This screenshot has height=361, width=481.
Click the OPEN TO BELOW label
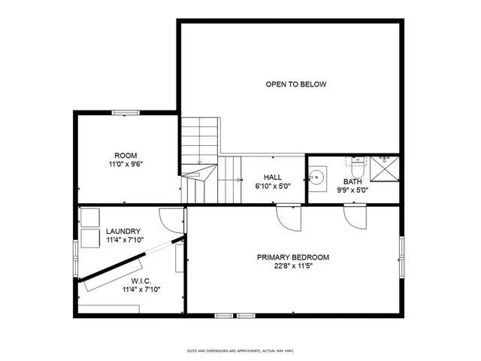coord(295,84)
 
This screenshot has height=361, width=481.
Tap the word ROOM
coord(126,156)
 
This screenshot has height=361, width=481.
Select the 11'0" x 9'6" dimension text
coord(126,164)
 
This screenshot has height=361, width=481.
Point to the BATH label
coord(352,182)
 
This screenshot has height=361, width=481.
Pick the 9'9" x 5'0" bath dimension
coord(352,190)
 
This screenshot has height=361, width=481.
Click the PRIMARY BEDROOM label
coord(292,257)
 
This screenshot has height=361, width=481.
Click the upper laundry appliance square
coord(90,217)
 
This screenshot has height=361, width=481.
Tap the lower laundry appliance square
coord(90,238)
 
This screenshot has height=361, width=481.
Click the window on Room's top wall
coord(126,113)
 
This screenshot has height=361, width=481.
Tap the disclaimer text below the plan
coord(240,350)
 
